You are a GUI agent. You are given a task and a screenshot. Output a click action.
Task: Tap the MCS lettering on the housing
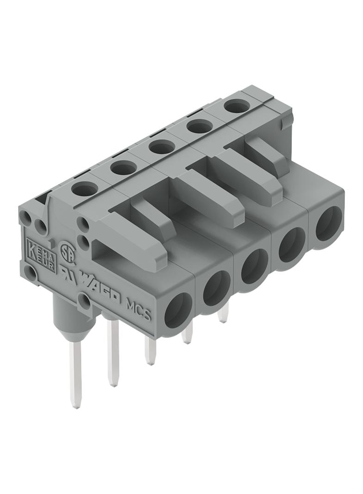138,310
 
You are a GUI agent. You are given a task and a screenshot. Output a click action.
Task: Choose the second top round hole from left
123,167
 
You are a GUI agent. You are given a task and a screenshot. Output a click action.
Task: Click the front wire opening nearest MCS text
179,310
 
